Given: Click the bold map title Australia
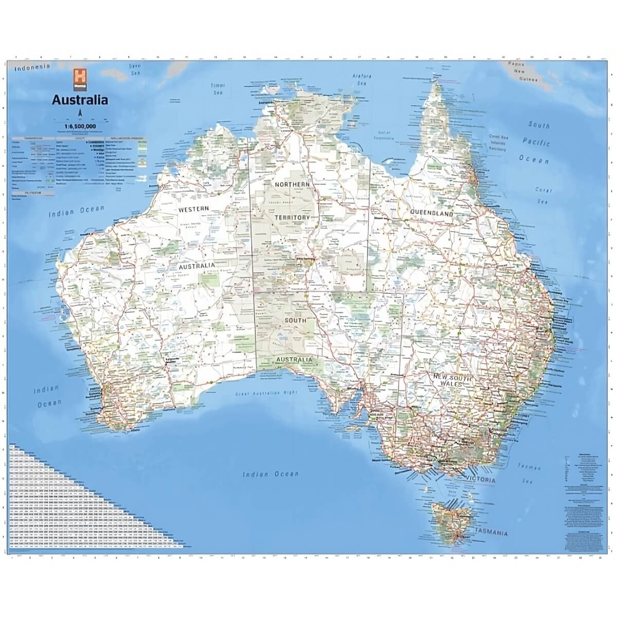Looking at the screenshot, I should coord(80,100).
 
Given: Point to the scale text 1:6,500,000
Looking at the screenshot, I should coord(80,126).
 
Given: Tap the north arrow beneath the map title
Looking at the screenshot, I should coord(80,113).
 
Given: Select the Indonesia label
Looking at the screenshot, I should coord(32,67).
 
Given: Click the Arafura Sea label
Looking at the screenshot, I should coord(361,79).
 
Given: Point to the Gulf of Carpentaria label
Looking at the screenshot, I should coord(382,135).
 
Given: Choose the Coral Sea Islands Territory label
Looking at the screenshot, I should coord(497,143).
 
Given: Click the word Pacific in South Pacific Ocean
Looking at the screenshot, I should coord(536,142).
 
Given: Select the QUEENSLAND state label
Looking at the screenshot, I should coord(431,213).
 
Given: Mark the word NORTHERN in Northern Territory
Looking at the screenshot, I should coord(292,184).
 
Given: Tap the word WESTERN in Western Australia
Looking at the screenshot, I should coord(194,209).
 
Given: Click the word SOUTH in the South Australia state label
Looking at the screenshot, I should coord(295,320).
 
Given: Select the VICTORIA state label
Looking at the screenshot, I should coord(481,480).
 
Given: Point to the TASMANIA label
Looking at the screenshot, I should coord(492,532).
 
